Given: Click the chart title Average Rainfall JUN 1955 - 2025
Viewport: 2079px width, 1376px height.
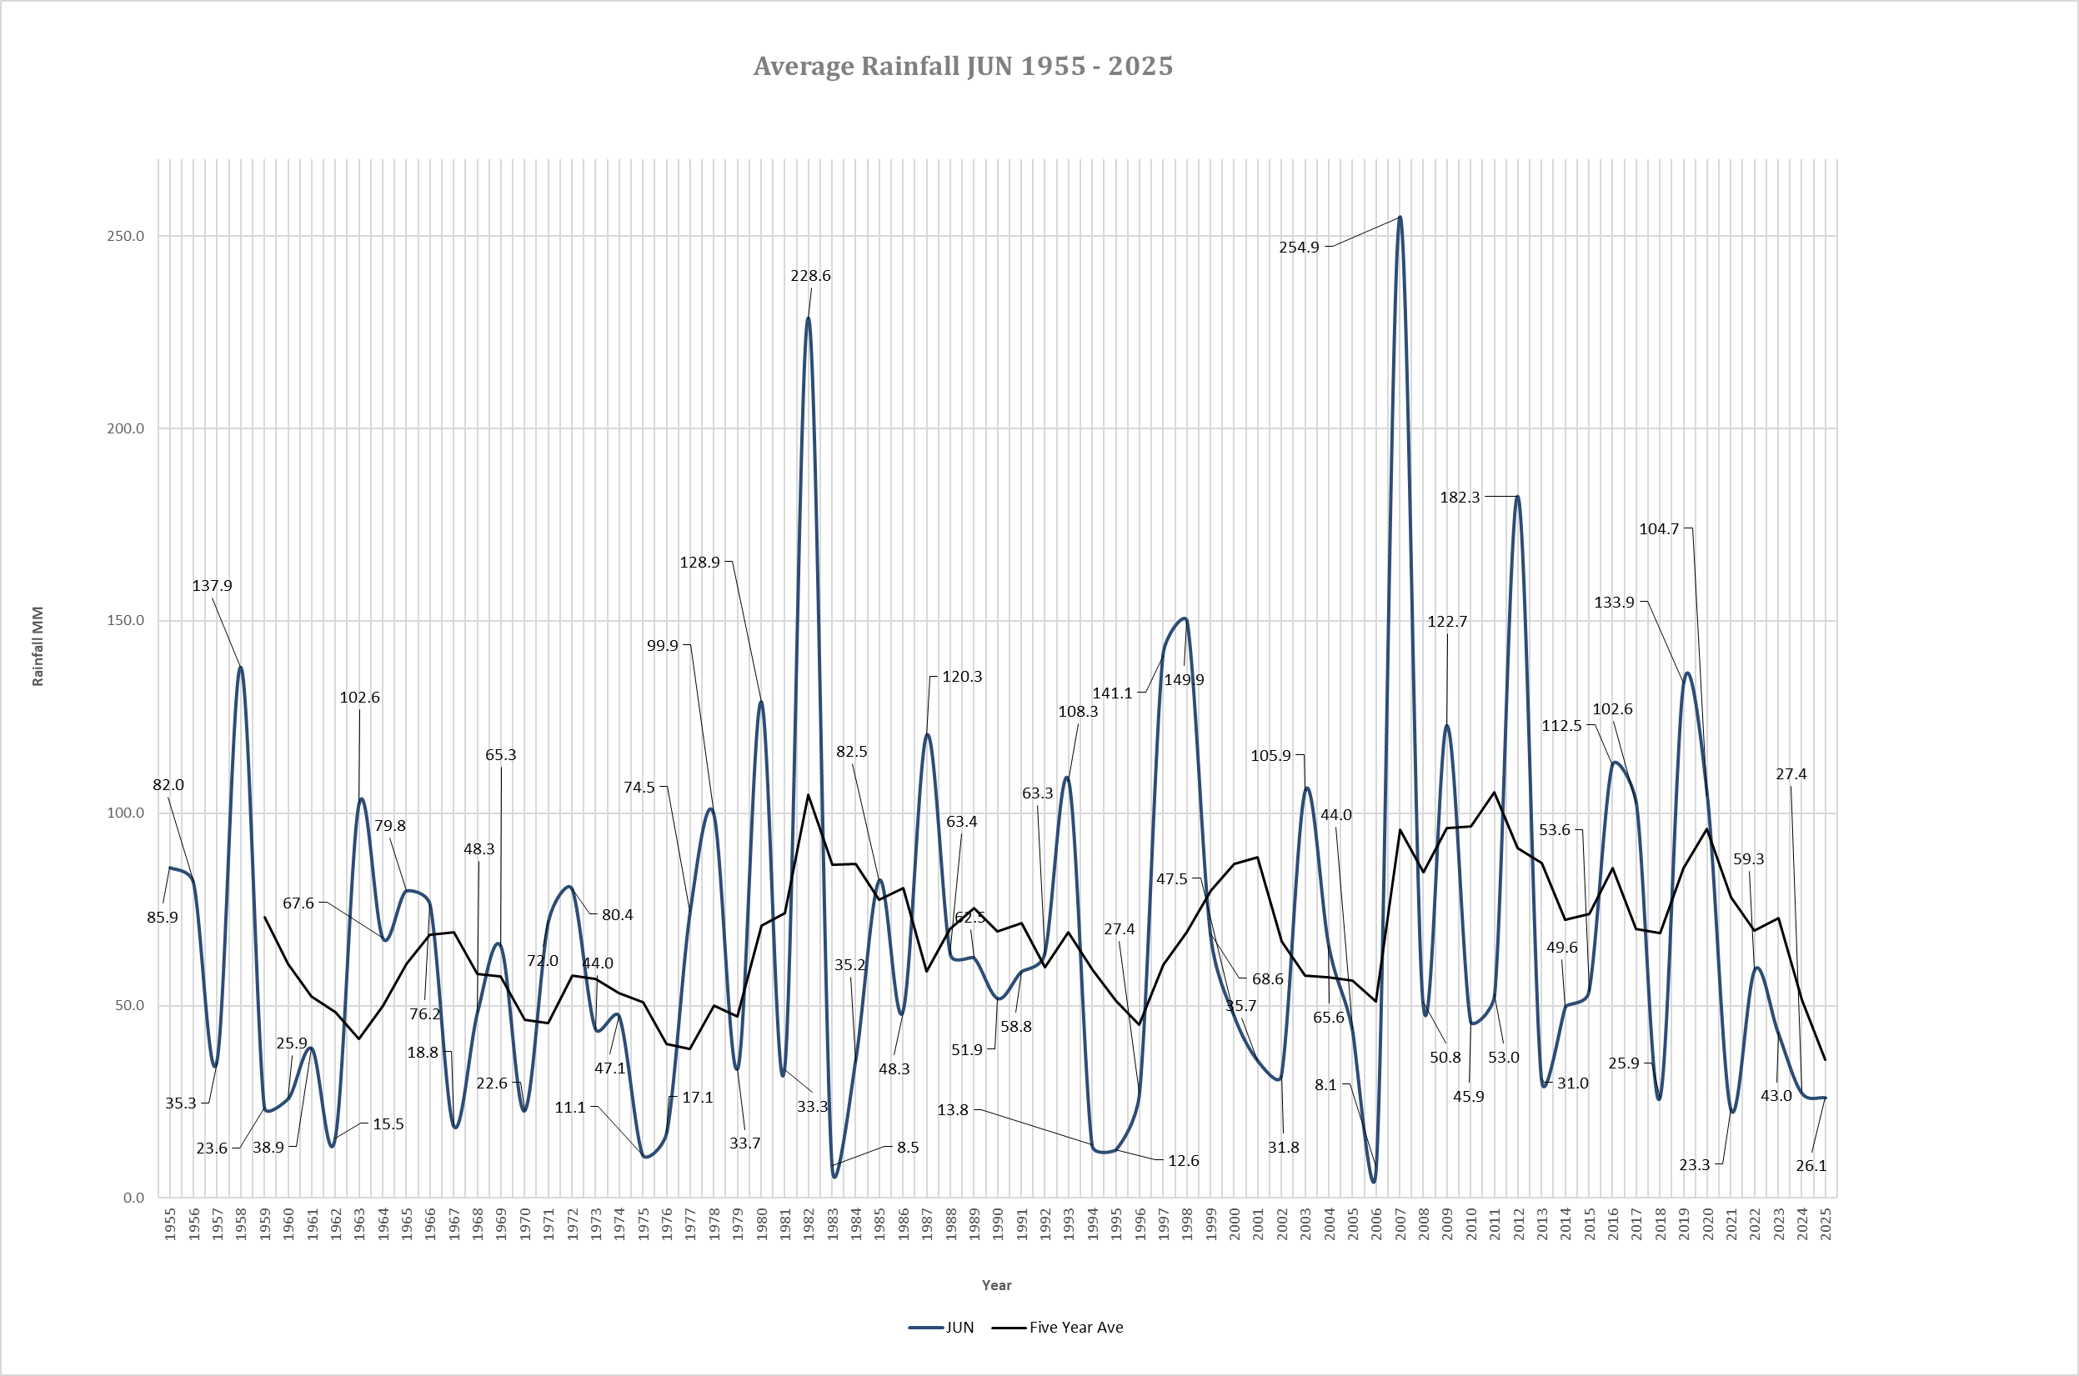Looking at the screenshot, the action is click(x=963, y=67).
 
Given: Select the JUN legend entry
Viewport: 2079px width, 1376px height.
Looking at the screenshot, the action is click(x=941, y=1327).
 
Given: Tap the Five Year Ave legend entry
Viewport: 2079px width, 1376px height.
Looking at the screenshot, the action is click(x=1058, y=1327).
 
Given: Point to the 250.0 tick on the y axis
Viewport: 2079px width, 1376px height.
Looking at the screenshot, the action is click(x=126, y=236).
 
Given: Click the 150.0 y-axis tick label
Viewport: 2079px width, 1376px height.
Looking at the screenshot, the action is click(x=126, y=620).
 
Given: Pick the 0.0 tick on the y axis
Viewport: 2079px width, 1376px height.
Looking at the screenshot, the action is click(x=133, y=1198).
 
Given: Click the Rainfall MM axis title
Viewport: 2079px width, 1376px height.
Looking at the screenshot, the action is click(x=38, y=646).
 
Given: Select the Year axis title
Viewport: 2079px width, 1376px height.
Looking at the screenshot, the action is click(x=997, y=1284).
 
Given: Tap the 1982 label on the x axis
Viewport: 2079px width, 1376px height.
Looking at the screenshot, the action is click(x=809, y=1224).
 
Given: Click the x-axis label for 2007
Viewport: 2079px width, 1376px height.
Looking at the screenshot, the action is click(x=1400, y=1224).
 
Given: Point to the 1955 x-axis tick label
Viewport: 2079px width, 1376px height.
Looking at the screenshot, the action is click(x=170, y=1224).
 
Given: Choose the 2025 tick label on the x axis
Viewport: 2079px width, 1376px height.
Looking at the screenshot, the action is click(x=1826, y=1224).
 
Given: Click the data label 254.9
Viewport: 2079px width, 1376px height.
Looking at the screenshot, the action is click(x=1299, y=248).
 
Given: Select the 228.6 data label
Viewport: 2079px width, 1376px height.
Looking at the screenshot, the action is click(x=810, y=276).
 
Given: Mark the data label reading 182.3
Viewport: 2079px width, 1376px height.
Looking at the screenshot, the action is click(x=1460, y=498).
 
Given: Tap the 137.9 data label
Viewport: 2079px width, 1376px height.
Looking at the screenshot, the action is click(x=213, y=585).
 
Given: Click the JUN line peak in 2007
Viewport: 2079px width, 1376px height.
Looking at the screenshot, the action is click(x=1400, y=218).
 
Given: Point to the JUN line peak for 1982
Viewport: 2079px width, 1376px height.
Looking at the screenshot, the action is click(x=809, y=318).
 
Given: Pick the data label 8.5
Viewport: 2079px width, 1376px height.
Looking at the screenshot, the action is click(x=909, y=1147).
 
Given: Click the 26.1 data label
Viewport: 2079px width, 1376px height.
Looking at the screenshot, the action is click(x=1811, y=1165).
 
